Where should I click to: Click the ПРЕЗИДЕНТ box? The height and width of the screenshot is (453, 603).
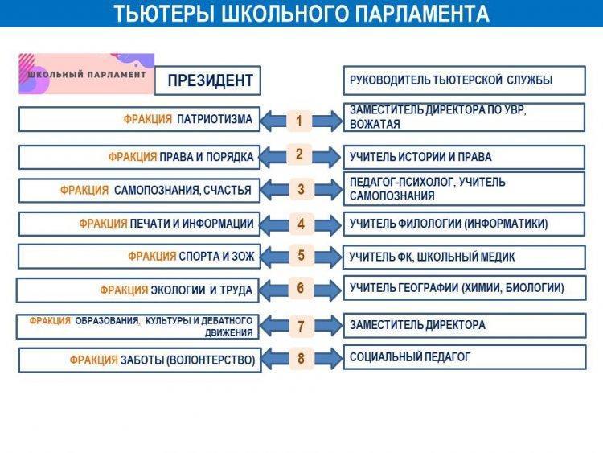pyautogui.click(x=207, y=80)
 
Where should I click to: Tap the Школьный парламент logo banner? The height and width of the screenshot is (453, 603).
pyautogui.click(x=87, y=74)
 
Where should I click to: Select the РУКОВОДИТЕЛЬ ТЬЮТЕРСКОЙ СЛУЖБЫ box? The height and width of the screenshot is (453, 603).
pyautogui.click(x=464, y=80)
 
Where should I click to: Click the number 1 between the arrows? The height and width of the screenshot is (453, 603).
pyautogui.click(x=299, y=121)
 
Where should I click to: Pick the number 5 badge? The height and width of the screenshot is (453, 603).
pyautogui.click(x=301, y=256)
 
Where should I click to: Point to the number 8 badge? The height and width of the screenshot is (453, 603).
pyautogui.click(x=301, y=359)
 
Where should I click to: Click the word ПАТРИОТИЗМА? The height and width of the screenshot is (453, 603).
pyautogui.click(x=215, y=119)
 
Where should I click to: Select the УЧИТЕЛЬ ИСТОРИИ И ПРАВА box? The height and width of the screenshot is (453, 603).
pyautogui.click(x=464, y=157)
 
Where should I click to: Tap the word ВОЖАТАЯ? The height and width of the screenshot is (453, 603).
pyautogui.click(x=375, y=125)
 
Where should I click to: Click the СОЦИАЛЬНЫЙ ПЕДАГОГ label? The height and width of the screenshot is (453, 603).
pyautogui.click(x=410, y=357)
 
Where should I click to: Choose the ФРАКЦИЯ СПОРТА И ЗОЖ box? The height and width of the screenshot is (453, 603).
pyautogui.click(x=139, y=257)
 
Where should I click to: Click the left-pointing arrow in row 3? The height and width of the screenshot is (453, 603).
pyautogui.click(x=275, y=189)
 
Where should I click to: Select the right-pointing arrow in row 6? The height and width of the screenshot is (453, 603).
pyautogui.click(x=327, y=290)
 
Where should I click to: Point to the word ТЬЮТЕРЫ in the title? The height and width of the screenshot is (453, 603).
pyautogui.click(x=164, y=14)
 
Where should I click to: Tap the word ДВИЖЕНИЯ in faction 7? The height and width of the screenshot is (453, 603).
pyautogui.click(x=229, y=332)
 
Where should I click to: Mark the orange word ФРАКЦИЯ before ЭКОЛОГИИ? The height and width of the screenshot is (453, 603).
pyautogui.click(x=124, y=290)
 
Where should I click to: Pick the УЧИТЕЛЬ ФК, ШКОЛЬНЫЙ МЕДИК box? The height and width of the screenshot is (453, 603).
pyautogui.click(x=464, y=257)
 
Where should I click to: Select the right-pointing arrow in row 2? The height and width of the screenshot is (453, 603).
pyautogui.click(x=326, y=157)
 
